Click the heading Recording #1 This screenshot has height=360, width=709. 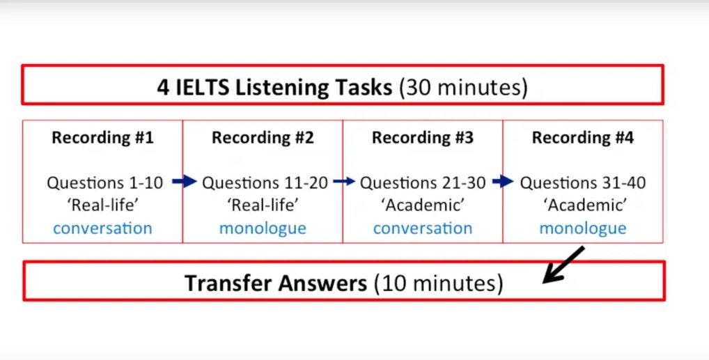[x=102, y=138]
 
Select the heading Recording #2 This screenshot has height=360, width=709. [x=263, y=138]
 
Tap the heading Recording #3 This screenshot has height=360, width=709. [x=423, y=138]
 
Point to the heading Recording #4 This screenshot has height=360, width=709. [x=583, y=138]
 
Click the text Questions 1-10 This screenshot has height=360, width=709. [x=105, y=183]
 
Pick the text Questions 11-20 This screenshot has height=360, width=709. [x=266, y=183]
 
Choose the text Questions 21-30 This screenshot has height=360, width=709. [x=423, y=183]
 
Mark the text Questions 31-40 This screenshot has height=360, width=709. [x=583, y=183]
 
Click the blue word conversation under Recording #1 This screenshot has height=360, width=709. [x=102, y=228]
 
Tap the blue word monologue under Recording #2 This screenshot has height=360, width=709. [x=263, y=228]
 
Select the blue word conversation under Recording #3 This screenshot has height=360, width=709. [x=423, y=228]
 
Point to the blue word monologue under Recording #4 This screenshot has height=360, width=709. [x=583, y=228]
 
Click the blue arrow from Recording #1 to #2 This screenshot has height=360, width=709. [x=185, y=182]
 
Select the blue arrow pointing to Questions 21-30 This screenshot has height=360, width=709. [x=345, y=182]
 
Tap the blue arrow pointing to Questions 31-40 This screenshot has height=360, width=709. [x=503, y=182]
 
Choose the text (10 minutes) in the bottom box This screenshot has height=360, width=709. [x=437, y=283]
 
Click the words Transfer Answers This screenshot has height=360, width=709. [x=275, y=283]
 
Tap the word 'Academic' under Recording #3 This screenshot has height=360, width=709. [x=423, y=205]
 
